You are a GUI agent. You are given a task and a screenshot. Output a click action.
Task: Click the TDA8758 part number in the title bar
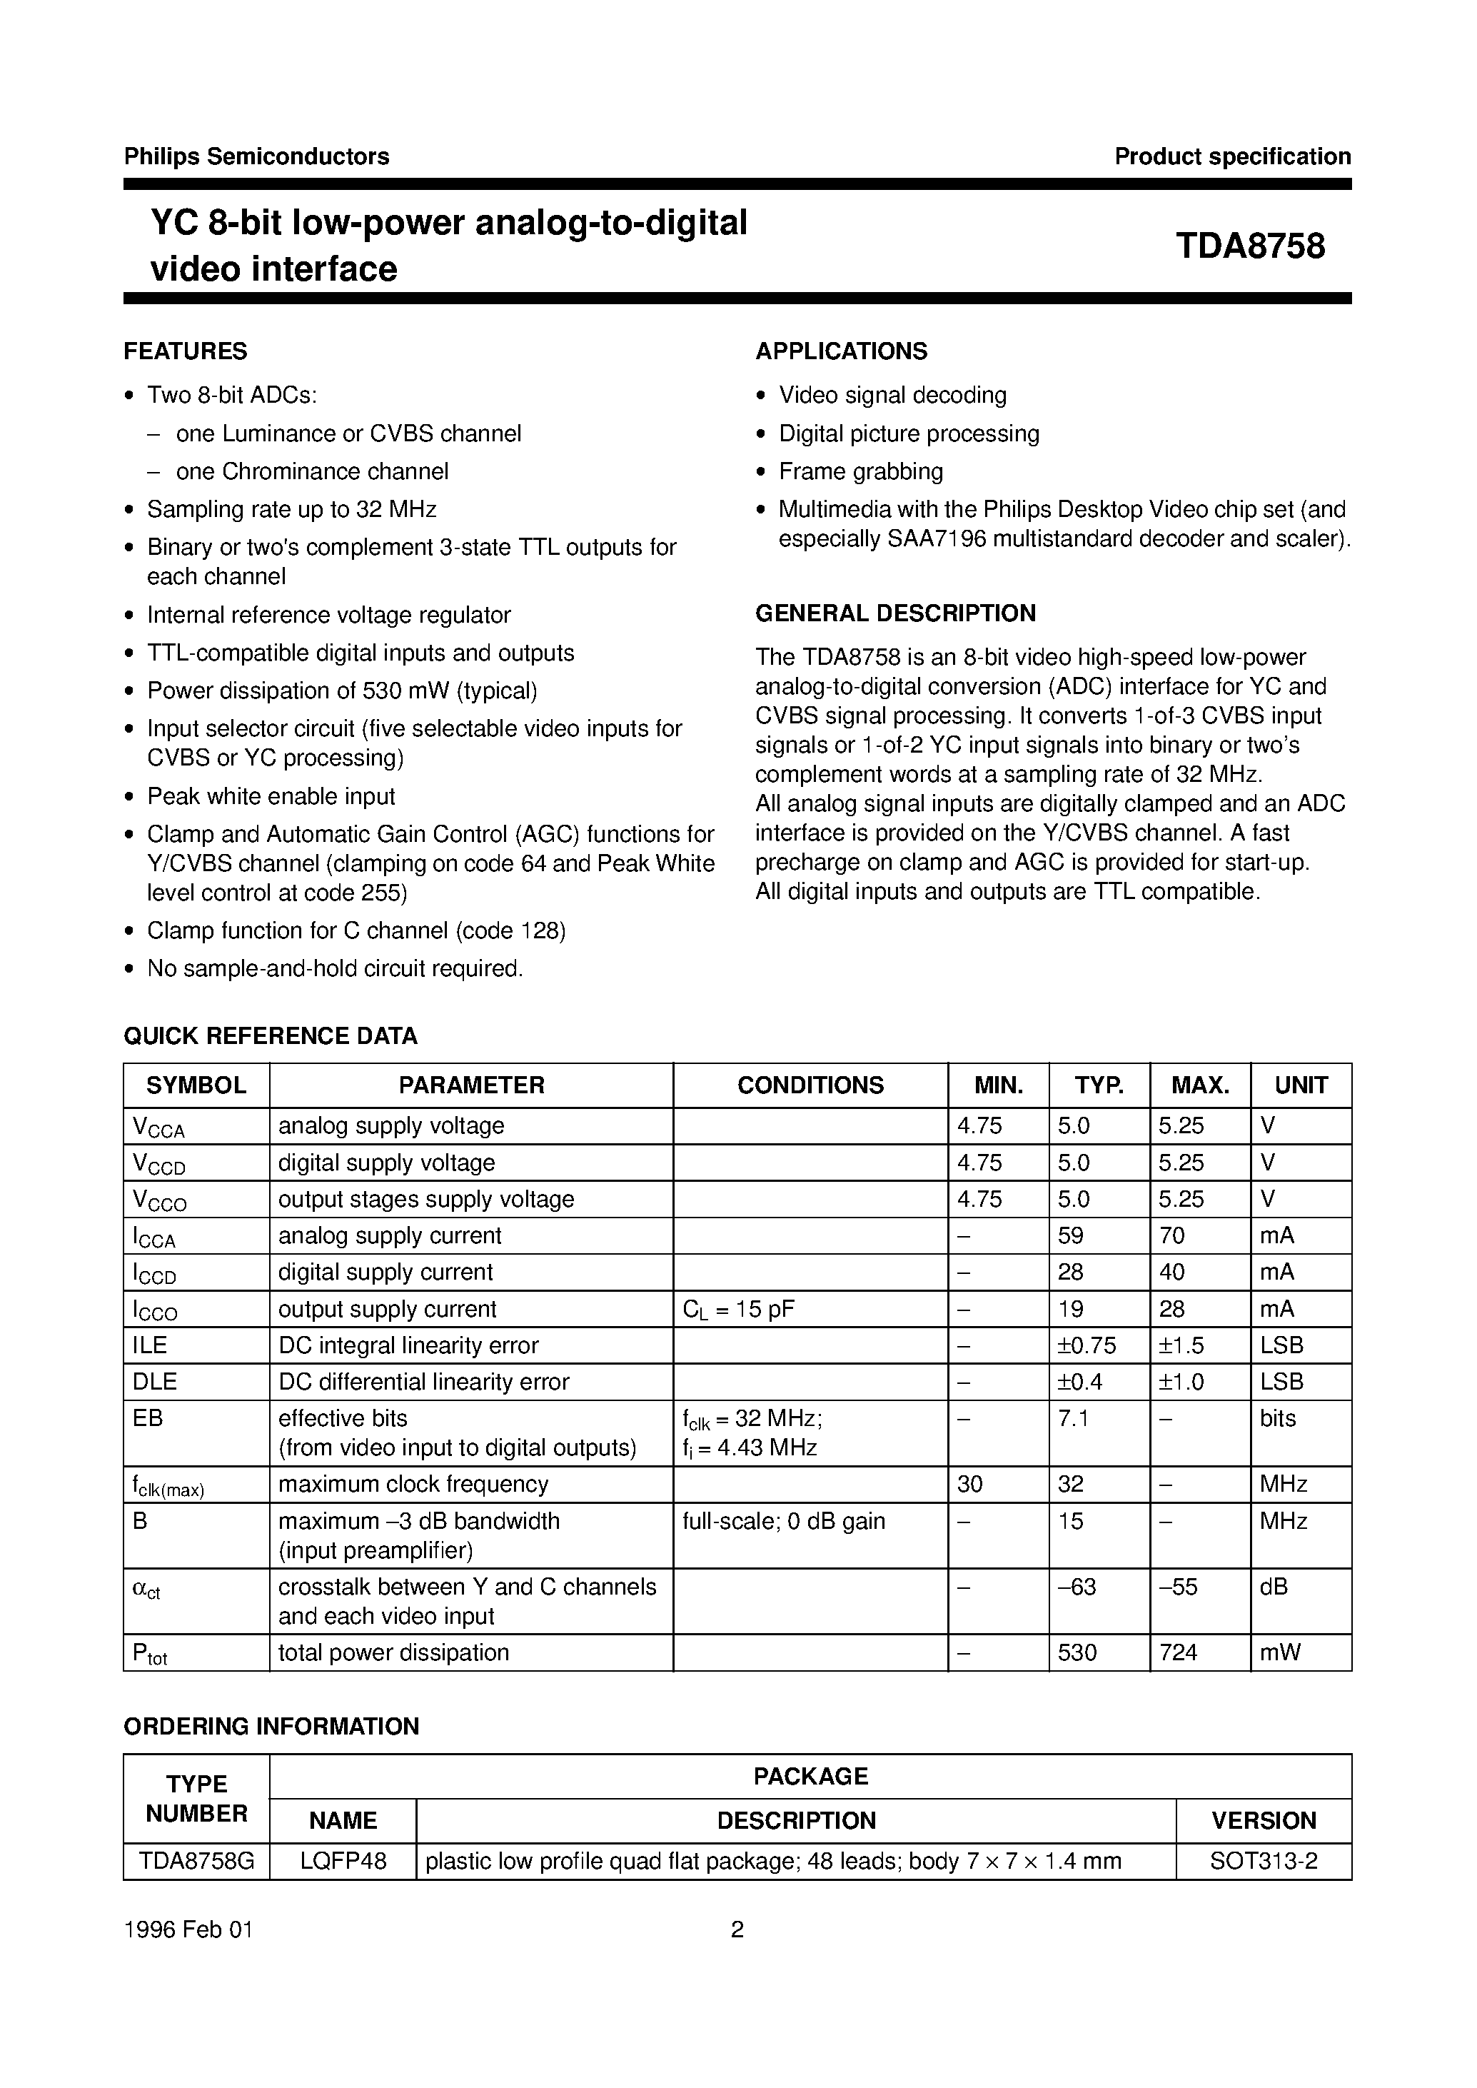1251,246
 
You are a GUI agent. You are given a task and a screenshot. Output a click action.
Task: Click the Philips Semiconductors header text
256,156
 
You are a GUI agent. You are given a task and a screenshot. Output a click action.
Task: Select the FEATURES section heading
186,351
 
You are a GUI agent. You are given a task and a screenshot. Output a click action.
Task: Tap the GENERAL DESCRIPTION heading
895,613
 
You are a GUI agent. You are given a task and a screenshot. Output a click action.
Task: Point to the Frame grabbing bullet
860,471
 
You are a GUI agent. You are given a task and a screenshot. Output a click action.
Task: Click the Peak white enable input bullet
271,796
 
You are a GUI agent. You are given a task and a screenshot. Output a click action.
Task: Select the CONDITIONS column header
810,1085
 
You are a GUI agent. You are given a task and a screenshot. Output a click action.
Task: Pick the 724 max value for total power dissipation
1179,1652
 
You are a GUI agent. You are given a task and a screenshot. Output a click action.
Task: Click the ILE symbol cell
150,1345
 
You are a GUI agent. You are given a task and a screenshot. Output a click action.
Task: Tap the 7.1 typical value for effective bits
1073,1417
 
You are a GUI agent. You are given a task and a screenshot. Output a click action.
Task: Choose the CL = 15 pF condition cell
737,1309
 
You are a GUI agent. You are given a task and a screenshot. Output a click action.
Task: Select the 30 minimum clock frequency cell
969,1484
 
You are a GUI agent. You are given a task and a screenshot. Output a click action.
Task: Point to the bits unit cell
1278,1417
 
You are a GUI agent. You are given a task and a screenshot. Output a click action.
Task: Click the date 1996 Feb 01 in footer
188,1929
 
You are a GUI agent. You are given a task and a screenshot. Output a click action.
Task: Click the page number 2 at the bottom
737,1929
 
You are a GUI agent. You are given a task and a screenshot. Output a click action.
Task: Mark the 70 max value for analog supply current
1171,1235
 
